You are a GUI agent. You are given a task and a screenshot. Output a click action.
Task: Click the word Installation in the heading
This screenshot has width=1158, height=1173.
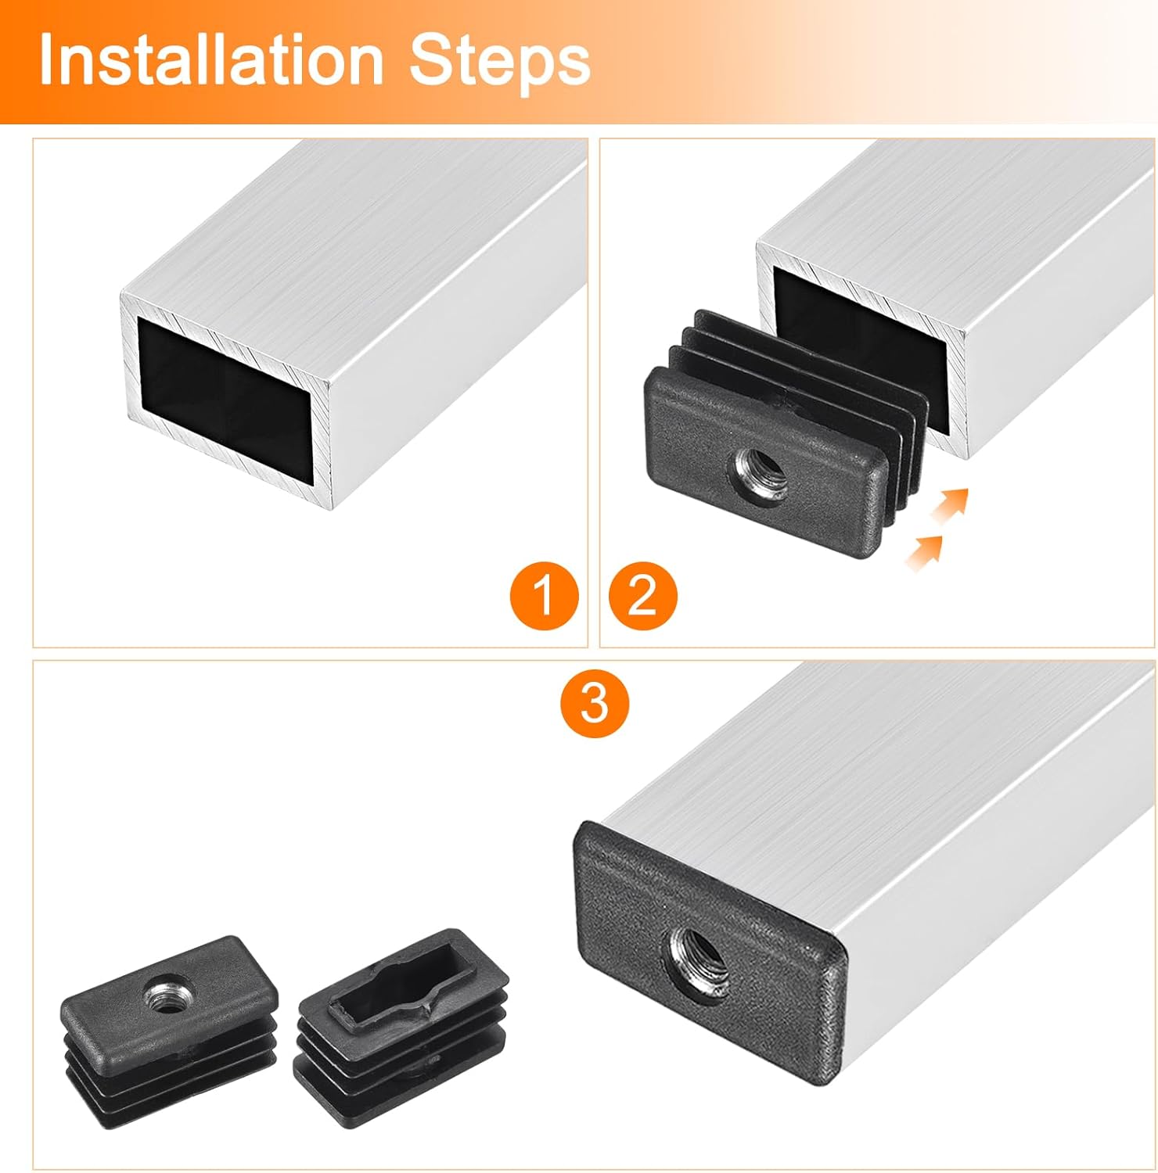pos(210,60)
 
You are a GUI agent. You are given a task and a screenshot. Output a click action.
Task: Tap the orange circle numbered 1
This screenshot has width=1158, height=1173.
pos(544,597)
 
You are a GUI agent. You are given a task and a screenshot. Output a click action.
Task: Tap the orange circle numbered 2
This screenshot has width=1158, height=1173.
pos(642,597)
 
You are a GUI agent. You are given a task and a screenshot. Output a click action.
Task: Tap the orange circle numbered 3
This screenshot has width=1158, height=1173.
pos(595,701)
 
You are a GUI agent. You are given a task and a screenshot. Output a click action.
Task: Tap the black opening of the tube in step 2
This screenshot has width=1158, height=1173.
pos(853,328)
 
